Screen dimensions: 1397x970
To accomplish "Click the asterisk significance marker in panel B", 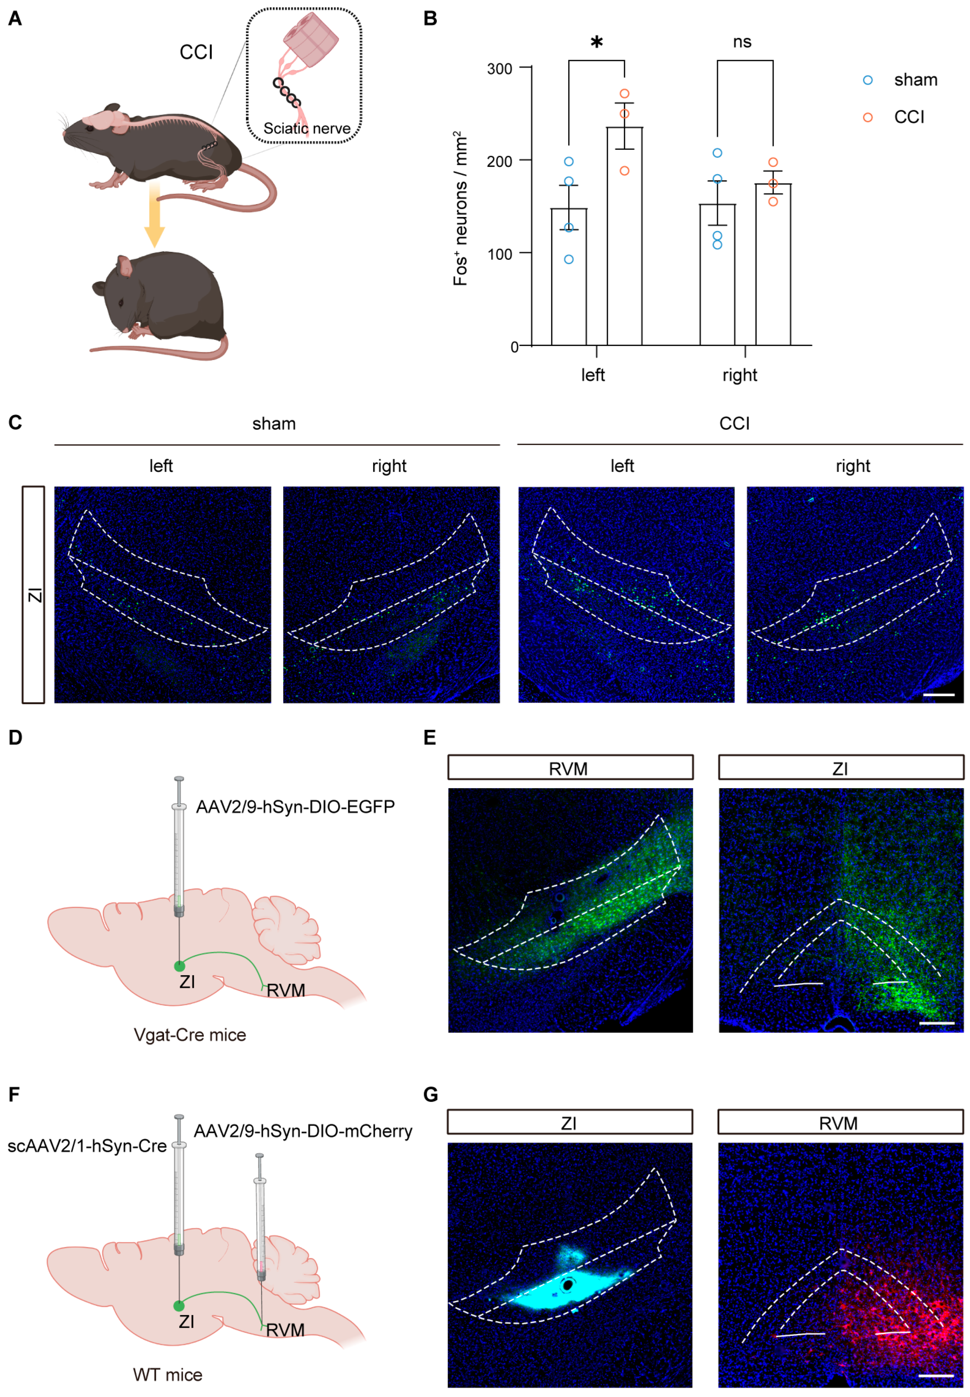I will click(596, 43).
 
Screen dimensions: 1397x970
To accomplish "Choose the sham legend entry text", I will click(915, 80).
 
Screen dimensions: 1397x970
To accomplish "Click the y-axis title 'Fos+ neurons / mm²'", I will click(461, 208).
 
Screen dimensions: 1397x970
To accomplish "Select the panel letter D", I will click(15, 738).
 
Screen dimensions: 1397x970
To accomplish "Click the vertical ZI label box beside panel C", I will click(34, 594).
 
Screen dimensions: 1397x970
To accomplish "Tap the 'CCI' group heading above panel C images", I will click(734, 424).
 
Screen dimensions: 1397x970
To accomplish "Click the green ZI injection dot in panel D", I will click(179, 966).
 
